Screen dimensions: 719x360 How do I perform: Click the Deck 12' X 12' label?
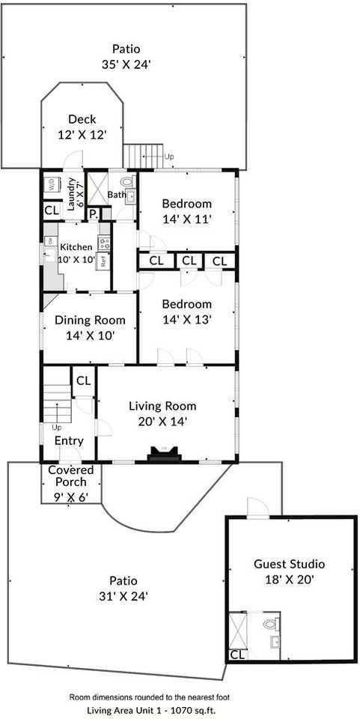click(x=82, y=127)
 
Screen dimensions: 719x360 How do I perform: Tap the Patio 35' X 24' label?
click(x=126, y=56)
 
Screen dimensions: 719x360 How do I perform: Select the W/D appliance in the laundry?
click(x=52, y=184)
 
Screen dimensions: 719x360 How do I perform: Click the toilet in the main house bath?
click(x=128, y=182)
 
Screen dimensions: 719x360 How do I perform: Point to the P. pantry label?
click(x=94, y=214)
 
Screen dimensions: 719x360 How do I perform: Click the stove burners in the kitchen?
click(x=104, y=244)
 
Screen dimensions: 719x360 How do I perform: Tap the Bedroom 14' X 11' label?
click(x=187, y=210)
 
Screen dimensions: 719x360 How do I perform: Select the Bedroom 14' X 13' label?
click(x=187, y=312)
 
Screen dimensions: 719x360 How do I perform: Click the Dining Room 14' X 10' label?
click(x=89, y=327)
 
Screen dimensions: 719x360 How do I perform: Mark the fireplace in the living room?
click(x=163, y=453)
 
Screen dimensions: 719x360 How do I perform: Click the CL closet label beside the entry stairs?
click(x=83, y=380)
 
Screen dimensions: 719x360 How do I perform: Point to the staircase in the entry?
click(x=57, y=404)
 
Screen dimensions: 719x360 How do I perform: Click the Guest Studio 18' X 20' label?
click(x=289, y=571)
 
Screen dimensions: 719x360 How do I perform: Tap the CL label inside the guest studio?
click(x=237, y=654)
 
